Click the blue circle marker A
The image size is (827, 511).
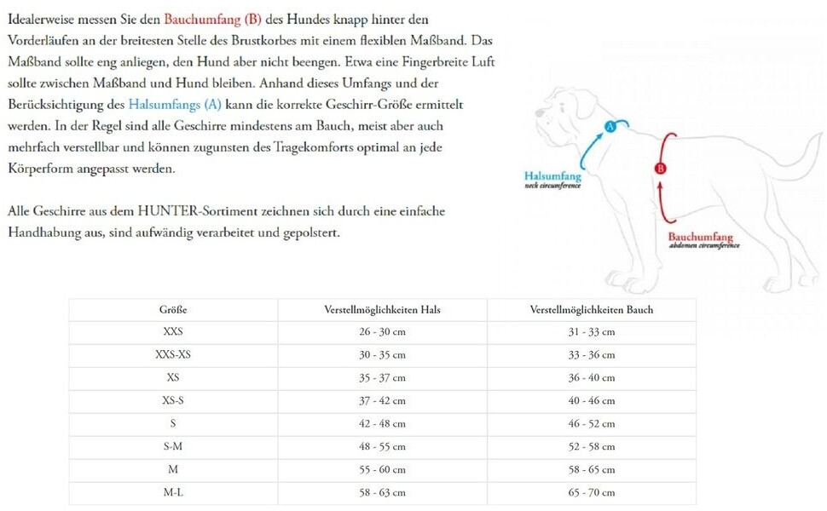pos(610,128)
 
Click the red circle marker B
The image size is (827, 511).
pos(660,169)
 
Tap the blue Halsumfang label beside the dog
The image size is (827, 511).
pos(552,177)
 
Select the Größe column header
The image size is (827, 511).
pos(173,310)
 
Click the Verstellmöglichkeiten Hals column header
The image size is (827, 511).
pos(382,310)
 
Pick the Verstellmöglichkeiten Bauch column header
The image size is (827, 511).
pos(592,310)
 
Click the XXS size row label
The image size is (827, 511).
pos(173,332)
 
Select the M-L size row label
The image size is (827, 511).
pos(173,492)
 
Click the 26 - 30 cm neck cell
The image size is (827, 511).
pos(382,332)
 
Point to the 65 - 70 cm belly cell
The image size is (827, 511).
pos(592,492)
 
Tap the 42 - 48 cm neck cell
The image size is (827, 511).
pos(382,423)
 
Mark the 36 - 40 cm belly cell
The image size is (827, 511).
pos(592,377)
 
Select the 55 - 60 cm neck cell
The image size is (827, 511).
pos(382,469)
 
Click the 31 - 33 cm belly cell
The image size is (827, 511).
pos(592,332)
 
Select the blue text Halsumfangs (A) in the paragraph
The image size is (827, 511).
pos(175,105)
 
